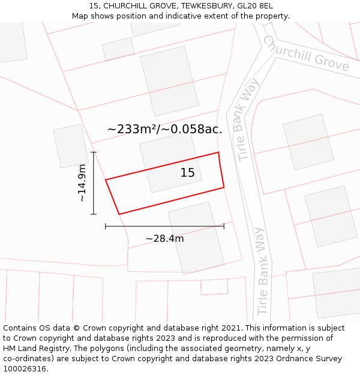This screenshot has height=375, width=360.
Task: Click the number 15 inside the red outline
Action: point(188,173)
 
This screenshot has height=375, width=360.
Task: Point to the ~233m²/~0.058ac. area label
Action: point(164,129)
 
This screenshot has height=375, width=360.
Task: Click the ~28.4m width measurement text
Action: point(164,239)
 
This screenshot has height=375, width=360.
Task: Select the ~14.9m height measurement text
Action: point(82,183)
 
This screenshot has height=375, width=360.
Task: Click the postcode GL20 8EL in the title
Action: point(255,6)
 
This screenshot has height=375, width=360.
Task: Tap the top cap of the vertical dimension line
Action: point(94,152)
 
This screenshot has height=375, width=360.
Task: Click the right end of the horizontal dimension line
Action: point(224,226)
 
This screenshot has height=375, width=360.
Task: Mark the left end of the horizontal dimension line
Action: point(106,226)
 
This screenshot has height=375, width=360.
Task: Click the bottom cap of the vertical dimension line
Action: point(94,214)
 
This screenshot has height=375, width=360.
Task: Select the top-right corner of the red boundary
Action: point(218,152)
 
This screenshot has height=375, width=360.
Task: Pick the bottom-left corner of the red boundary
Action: point(119,214)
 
